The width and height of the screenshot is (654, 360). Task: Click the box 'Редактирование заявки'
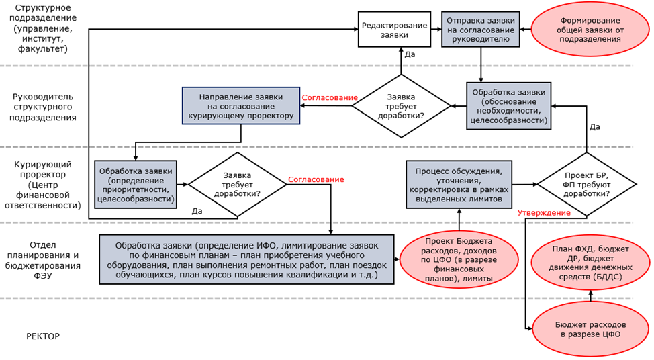pyautogui.click(x=394, y=29)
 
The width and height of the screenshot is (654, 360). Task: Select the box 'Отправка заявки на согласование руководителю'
pyautogui.click(x=481, y=29)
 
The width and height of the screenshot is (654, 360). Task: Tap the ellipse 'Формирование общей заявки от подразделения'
pyautogui.click(x=590, y=30)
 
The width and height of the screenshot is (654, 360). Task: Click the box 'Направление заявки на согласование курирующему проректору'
pyautogui.click(x=241, y=105)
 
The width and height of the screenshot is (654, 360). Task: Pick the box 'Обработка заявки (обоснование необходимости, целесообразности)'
pyautogui.click(x=508, y=106)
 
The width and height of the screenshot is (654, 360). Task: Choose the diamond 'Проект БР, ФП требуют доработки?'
pyautogui.click(x=586, y=185)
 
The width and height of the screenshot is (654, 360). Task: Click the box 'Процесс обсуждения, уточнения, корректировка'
pyautogui.click(x=459, y=185)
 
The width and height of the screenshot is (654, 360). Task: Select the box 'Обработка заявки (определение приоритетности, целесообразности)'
pyautogui.click(x=136, y=185)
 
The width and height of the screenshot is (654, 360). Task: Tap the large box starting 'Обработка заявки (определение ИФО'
pyautogui.click(x=246, y=259)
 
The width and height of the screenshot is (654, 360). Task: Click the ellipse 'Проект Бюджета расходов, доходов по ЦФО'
pyautogui.click(x=459, y=259)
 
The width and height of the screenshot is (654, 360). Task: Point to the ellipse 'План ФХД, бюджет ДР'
pyautogui.click(x=590, y=263)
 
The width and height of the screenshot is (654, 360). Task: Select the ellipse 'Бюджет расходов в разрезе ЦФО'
pyautogui.click(x=590, y=330)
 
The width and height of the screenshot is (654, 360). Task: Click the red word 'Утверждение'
pyautogui.click(x=544, y=213)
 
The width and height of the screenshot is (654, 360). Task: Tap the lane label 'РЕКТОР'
pyautogui.click(x=43, y=336)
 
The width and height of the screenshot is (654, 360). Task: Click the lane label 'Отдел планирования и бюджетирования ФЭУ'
pyautogui.click(x=43, y=260)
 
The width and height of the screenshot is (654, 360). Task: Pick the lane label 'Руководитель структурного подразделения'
pyautogui.click(x=43, y=107)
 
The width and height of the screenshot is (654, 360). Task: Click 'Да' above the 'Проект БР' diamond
pyautogui.click(x=595, y=127)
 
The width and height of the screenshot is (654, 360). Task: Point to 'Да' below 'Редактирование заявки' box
pyautogui.click(x=410, y=54)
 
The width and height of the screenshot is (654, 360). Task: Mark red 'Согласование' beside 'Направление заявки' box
pyautogui.click(x=330, y=97)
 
